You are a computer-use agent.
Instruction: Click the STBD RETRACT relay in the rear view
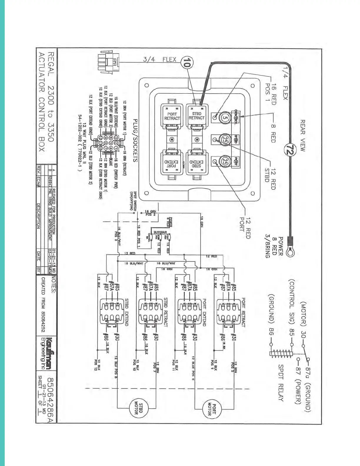coord(196,116)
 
